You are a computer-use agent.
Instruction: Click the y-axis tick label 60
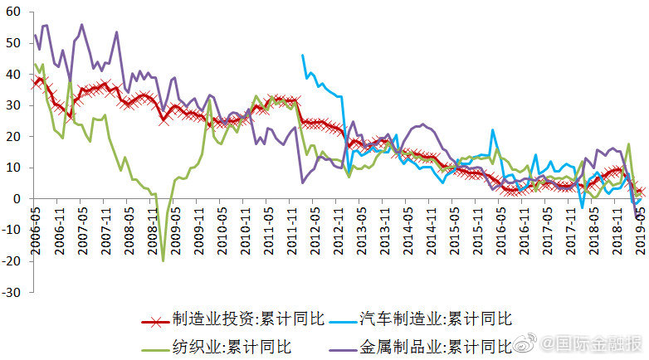[17, 12]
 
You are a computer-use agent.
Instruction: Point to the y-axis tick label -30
[14, 292]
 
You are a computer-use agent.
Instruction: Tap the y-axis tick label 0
[21, 199]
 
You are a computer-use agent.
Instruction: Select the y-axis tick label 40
[17, 74]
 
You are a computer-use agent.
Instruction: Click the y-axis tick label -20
[14, 260]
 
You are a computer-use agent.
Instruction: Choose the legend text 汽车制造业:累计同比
[436, 319]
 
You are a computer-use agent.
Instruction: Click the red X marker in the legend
[154, 319]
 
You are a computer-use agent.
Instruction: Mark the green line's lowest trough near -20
[163, 260]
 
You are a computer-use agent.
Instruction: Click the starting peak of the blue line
[302, 56]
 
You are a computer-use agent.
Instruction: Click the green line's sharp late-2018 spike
[628, 144]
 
